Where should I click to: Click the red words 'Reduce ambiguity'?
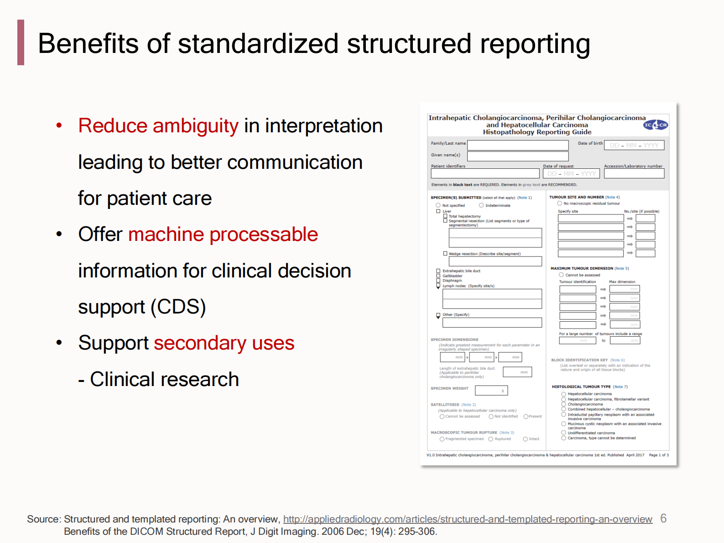click(x=158, y=126)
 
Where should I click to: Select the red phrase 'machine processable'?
click(x=223, y=235)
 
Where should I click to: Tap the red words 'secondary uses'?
click(x=224, y=343)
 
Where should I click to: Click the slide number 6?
click(x=663, y=519)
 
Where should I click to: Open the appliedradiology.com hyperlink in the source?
click(x=467, y=519)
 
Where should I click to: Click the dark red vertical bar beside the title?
click(x=21, y=42)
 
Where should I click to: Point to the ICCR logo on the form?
click(x=656, y=125)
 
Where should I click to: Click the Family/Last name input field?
click(x=517, y=145)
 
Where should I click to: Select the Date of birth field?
click(x=634, y=145)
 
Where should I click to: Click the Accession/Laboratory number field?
click(x=634, y=174)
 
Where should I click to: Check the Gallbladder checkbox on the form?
click(x=438, y=276)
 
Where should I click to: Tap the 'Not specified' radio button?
click(x=438, y=205)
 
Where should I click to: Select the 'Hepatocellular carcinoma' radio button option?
click(x=563, y=394)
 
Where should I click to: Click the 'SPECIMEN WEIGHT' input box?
click(x=491, y=391)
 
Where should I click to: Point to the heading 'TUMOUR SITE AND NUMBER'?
click(x=576, y=197)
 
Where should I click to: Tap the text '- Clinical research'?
click(x=158, y=380)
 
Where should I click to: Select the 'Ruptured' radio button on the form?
click(x=491, y=439)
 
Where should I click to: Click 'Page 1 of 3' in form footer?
click(x=658, y=455)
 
